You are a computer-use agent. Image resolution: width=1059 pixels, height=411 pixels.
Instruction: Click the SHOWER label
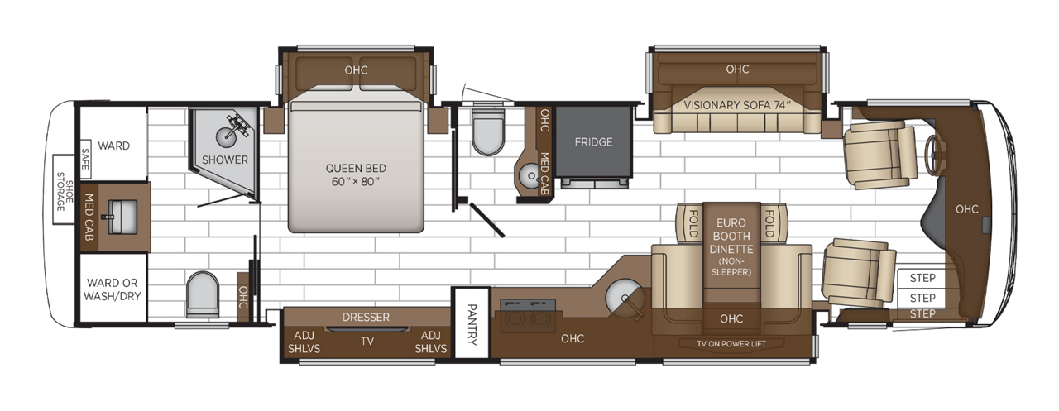point(224,160)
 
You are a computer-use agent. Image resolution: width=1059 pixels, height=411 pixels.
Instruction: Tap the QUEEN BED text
point(356,174)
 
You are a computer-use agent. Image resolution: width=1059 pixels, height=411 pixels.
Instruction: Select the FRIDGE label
point(593,142)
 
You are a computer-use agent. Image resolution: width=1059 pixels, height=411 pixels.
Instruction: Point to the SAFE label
point(85,157)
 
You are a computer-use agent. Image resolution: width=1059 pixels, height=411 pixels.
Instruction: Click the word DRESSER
point(365,317)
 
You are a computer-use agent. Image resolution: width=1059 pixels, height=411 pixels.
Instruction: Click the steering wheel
point(937,151)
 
